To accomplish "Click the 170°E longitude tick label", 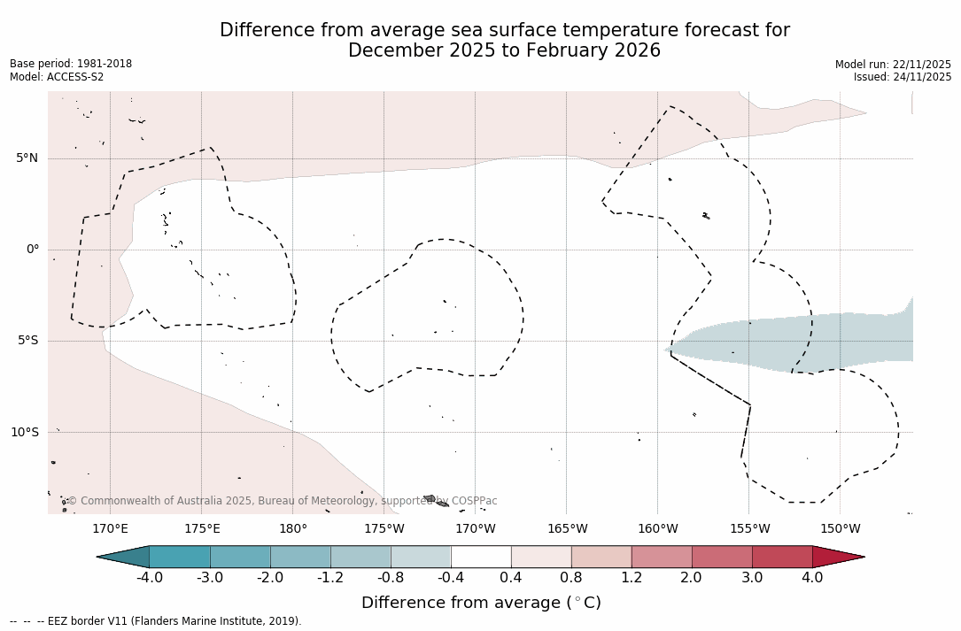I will tap(110, 529).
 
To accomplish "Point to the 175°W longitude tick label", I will tap(384, 529).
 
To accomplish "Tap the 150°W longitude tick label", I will tap(840, 529).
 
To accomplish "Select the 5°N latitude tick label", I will tap(27, 158).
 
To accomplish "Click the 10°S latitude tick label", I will tap(24, 432).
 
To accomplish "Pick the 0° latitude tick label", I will tap(33, 250).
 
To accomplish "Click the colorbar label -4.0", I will tap(149, 578).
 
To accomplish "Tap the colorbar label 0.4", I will tap(511, 578).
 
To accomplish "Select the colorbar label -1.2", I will tap(330, 578).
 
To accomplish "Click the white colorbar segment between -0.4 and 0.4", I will tap(481, 557).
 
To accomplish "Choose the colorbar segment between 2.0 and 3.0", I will tap(722, 557).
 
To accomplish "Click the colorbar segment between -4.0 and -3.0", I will tap(180, 557).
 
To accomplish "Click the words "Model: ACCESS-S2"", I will tap(57, 77).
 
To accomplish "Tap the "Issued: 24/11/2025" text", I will tap(903, 77).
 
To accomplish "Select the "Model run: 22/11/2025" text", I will tap(893, 65).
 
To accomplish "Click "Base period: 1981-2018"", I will tap(71, 64).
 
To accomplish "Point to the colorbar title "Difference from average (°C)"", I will tap(481, 603).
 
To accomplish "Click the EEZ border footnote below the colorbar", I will tap(156, 621).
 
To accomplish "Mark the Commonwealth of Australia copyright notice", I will tap(283, 501).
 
